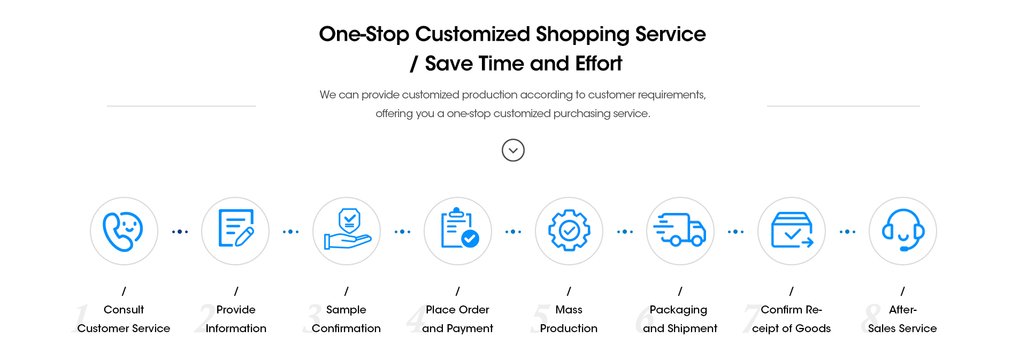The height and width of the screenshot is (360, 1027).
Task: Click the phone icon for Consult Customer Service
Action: (x=123, y=231)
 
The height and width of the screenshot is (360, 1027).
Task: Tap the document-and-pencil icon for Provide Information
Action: (x=236, y=228)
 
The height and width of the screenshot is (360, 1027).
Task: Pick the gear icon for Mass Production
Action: (x=569, y=231)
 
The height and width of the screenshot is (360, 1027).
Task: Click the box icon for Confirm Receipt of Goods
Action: (x=792, y=230)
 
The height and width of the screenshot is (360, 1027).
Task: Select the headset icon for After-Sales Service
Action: (x=903, y=230)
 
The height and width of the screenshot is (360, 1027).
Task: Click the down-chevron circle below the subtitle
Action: (x=513, y=150)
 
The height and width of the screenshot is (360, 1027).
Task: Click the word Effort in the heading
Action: (x=599, y=64)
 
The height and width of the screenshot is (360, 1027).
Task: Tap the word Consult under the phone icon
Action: (x=124, y=310)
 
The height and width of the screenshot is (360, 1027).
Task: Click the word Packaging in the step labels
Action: (x=678, y=310)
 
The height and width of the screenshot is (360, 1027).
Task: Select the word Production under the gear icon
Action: (x=569, y=328)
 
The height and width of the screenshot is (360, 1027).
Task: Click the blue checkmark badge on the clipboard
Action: (x=470, y=238)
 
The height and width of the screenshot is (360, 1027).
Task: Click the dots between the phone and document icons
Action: (x=180, y=232)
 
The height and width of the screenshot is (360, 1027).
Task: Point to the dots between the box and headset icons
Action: (x=847, y=232)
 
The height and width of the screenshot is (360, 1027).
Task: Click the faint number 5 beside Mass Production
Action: (x=541, y=318)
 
